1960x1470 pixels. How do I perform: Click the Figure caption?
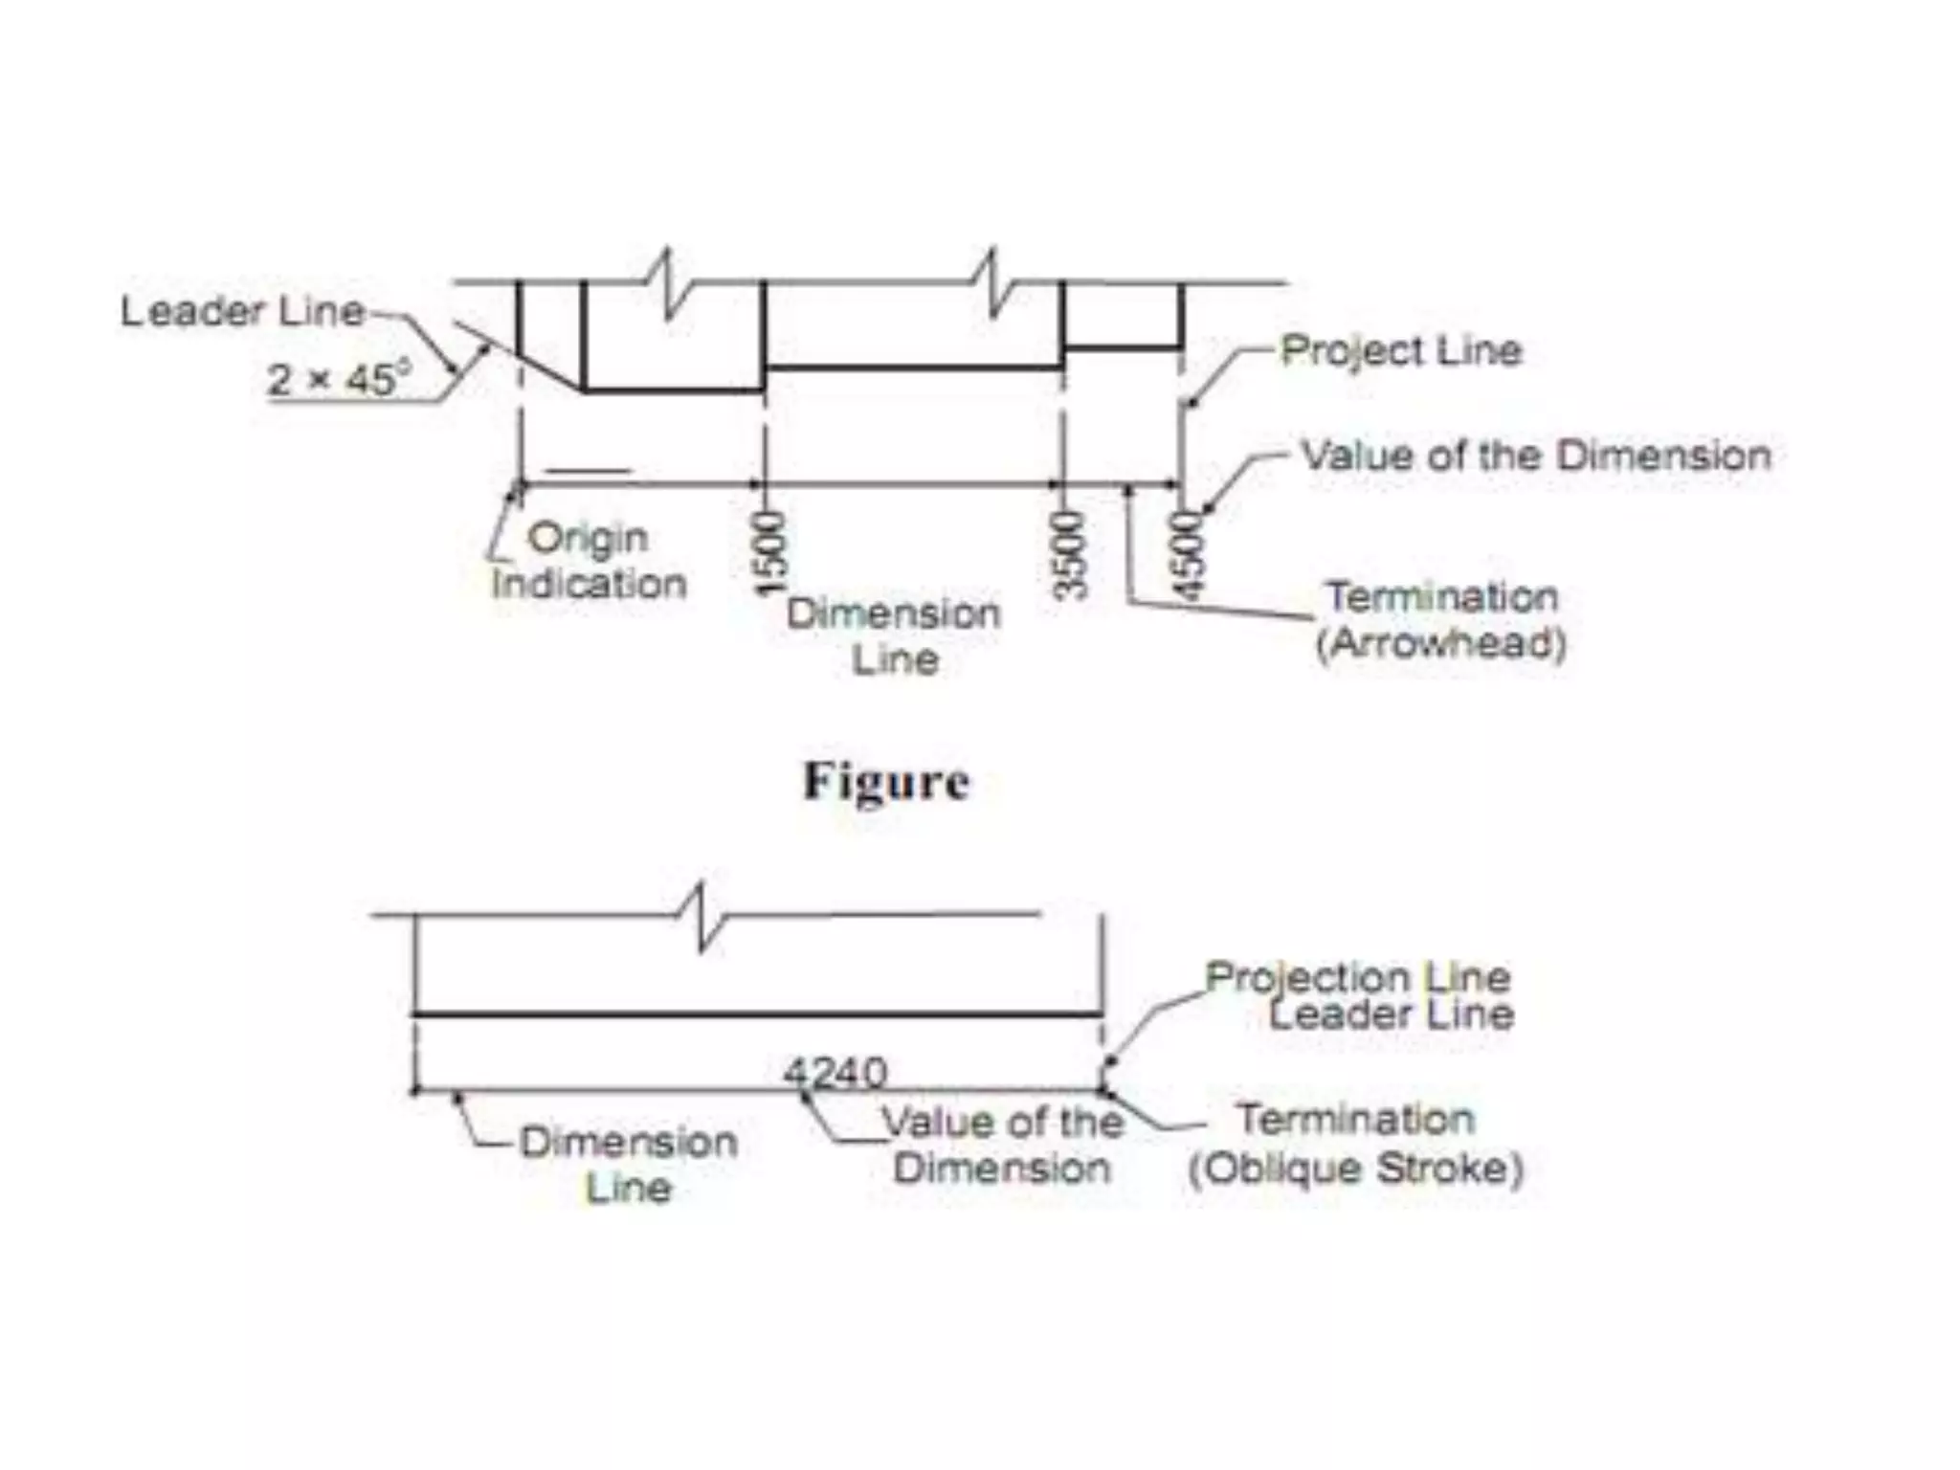click(x=885, y=782)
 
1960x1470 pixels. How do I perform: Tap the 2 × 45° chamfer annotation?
click(x=336, y=380)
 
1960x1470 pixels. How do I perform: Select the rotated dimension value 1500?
click(x=771, y=553)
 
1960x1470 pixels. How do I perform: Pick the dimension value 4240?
click(x=835, y=1073)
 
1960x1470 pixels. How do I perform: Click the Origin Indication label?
click(x=589, y=561)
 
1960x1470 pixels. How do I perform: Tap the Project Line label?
click(x=1401, y=350)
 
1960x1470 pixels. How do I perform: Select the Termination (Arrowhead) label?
click(x=1441, y=619)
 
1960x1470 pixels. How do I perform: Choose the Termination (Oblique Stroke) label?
click(x=1355, y=1144)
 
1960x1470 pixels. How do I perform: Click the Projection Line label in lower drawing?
click(x=1357, y=977)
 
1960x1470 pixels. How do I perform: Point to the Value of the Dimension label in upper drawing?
click(x=1536, y=456)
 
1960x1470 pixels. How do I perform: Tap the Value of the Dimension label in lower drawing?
click(x=1002, y=1145)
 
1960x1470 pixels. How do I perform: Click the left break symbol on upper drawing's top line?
click(x=670, y=283)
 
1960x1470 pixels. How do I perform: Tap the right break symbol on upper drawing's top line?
click(x=995, y=283)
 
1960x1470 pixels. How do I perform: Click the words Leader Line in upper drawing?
click(x=242, y=312)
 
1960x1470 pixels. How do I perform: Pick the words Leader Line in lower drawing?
click(x=1392, y=1014)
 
